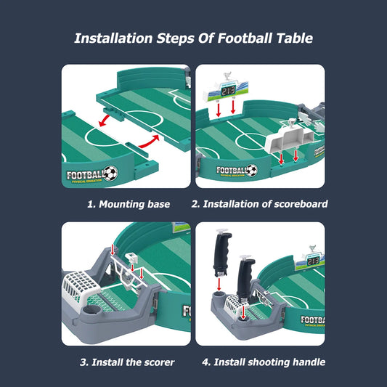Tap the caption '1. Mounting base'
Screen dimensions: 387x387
(x=129, y=204)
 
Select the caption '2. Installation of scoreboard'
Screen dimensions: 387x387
(x=259, y=204)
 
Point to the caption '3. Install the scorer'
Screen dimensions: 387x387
(x=127, y=362)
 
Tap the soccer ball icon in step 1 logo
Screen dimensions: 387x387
(x=110, y=174)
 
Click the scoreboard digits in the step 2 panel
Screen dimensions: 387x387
(x=229, y=91)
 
